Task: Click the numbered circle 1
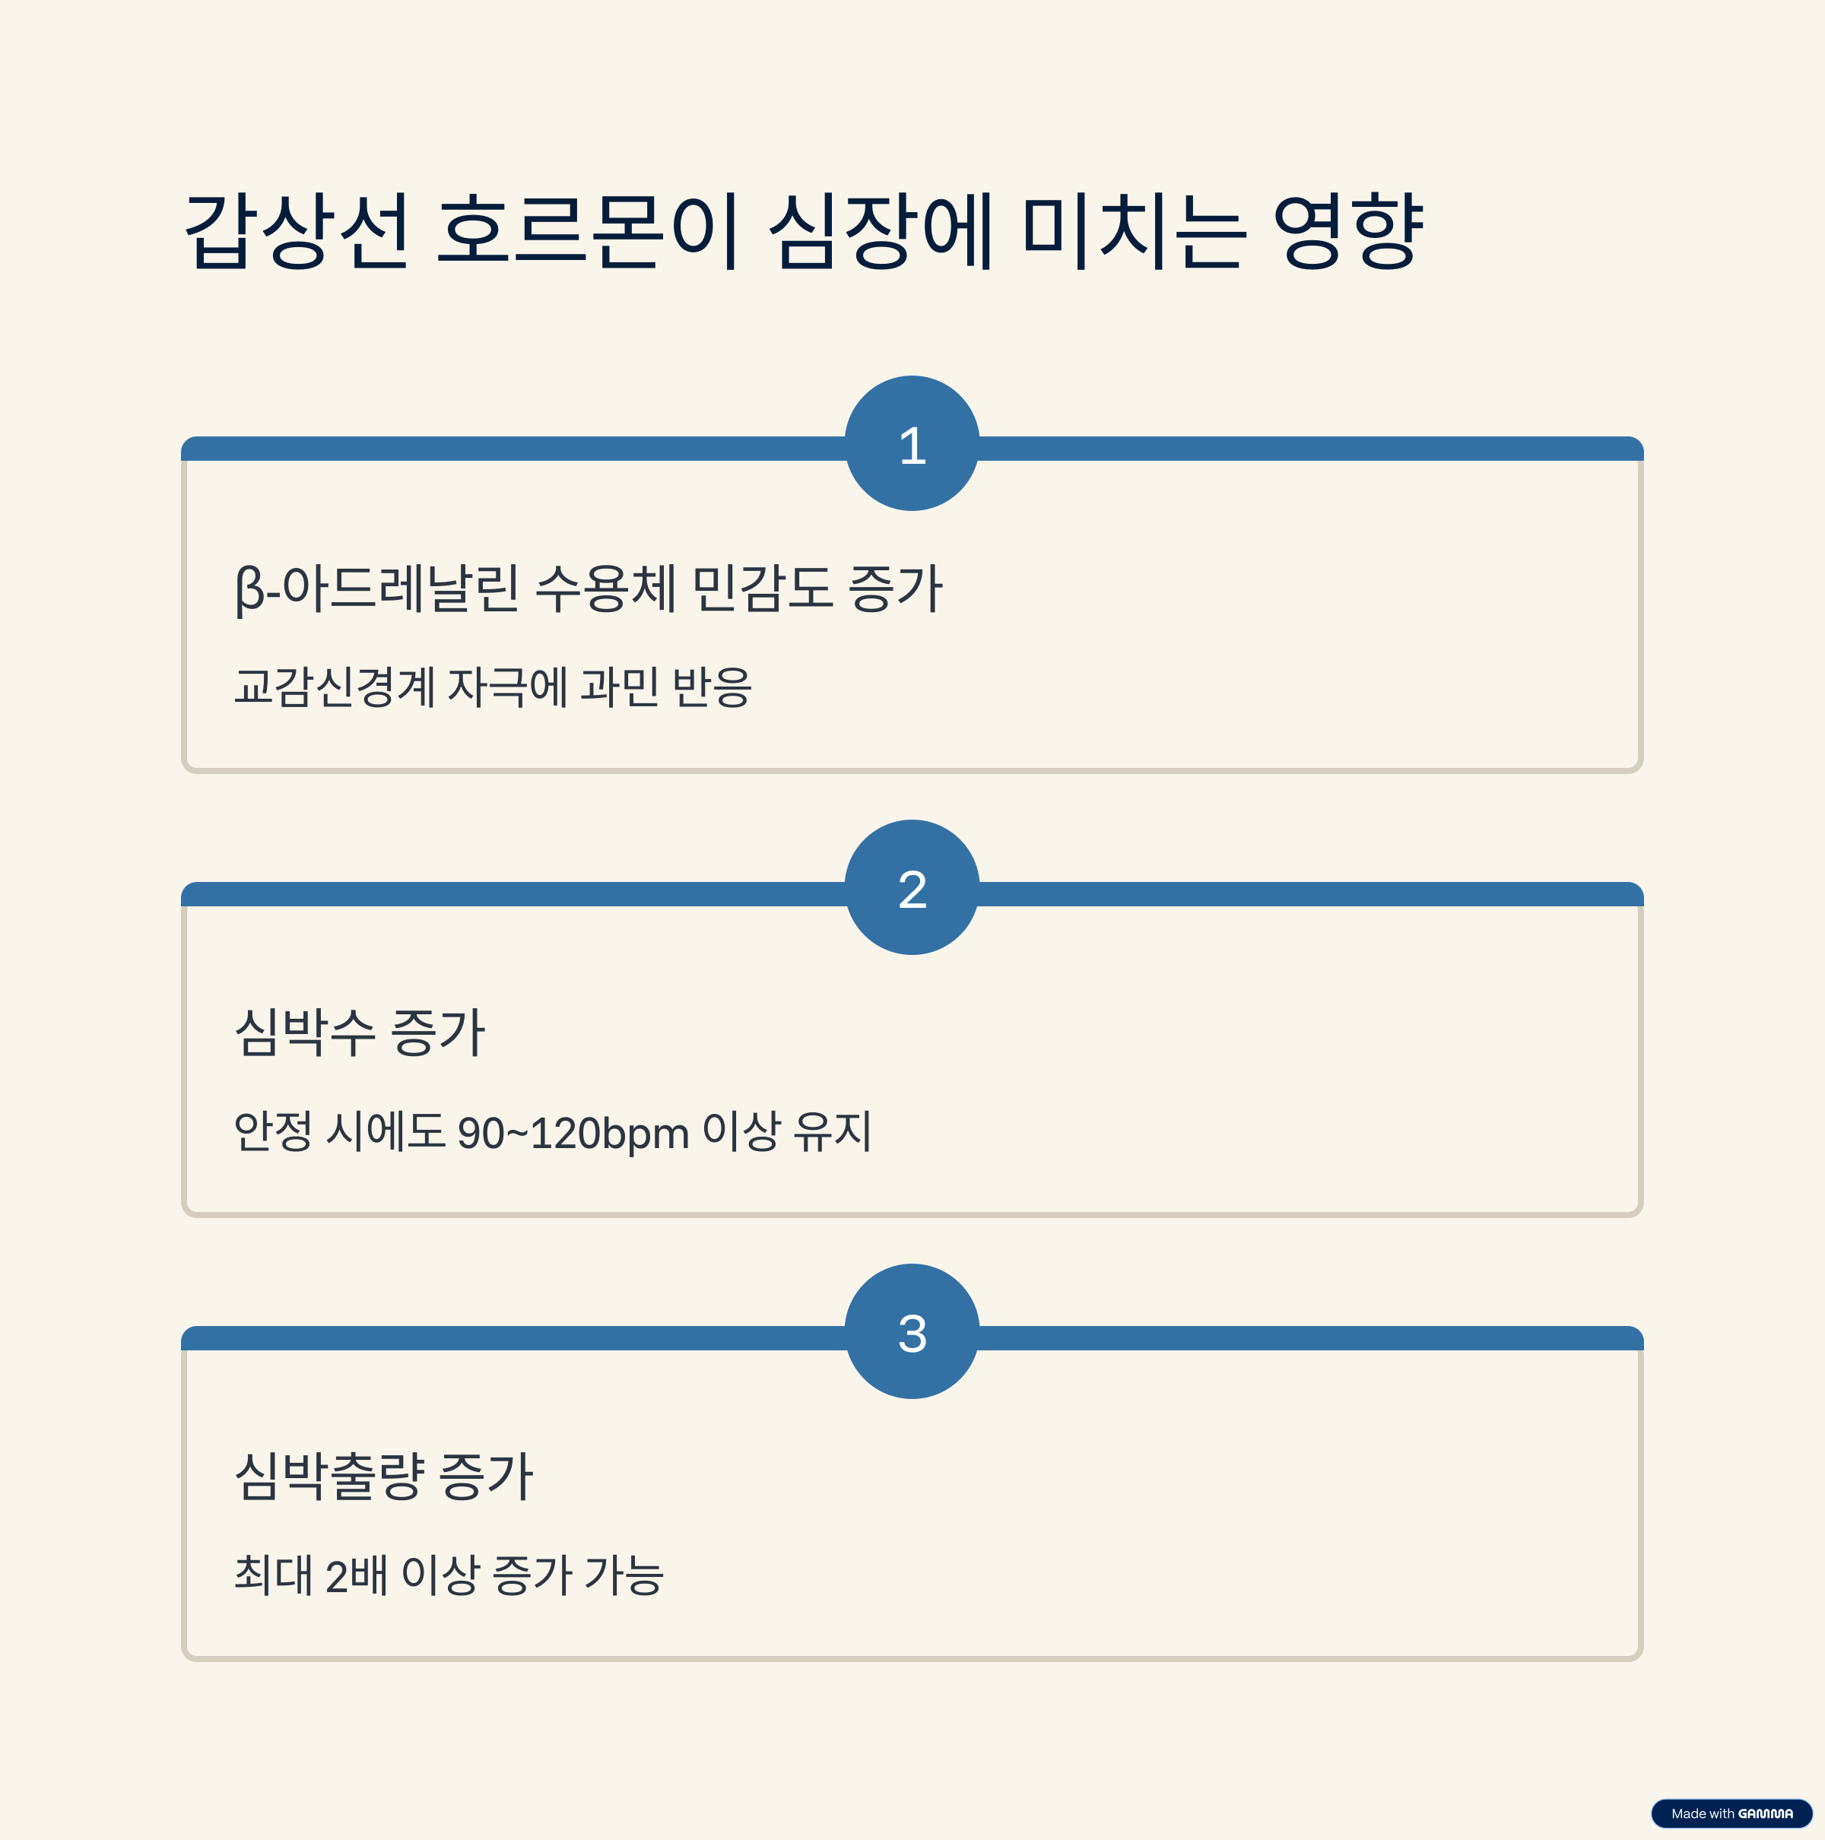pyautogui.click(x=912, y=444)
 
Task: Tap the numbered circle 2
pyautogui.click(x=912, y=887)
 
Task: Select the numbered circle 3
pyautogui.click(x=912, y=1331)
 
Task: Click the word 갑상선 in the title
pyautogui.click(x=297, y=230)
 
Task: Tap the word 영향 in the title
pyautogui.click(x=1347, y=230)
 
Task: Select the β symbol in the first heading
pyautogui.click(x=249, y=588)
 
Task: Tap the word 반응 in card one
pyautogui.click(x=712, y=687)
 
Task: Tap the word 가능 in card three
pyautogui.click(x=624, y=1575)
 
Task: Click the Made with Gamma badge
pyautogui.click(x=1731, y=1813)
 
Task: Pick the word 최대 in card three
pyautogui.click(x=272, y=1575)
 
